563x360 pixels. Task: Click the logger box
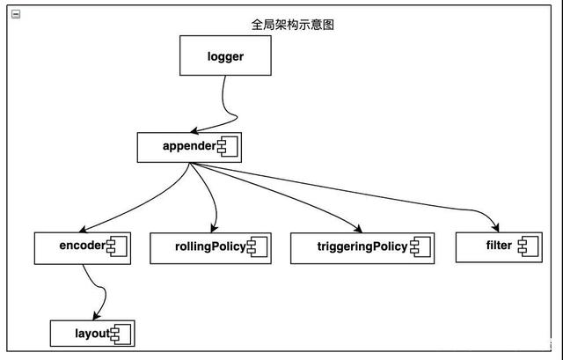(224, 57)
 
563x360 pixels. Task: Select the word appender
(188, 146)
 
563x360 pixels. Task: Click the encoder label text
(82, 246)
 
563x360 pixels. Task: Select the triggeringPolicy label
(349, 246)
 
